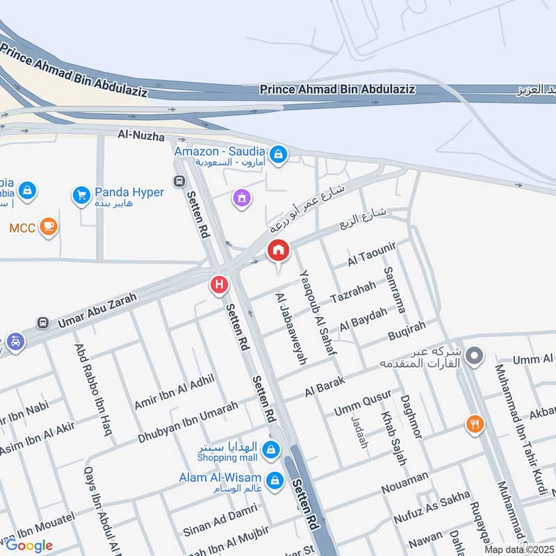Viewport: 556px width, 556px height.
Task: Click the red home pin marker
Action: pos(279,251)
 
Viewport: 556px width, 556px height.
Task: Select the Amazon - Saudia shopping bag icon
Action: pos(278,155)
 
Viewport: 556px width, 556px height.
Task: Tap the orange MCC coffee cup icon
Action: pos(48,227)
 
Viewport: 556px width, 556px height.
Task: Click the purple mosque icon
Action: pos(242,199)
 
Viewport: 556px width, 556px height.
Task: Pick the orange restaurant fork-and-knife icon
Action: pos(475,424)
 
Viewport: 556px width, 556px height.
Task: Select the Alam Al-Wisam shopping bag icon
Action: pos(275,480)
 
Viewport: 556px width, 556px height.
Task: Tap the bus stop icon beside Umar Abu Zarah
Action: pos(43,323)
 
